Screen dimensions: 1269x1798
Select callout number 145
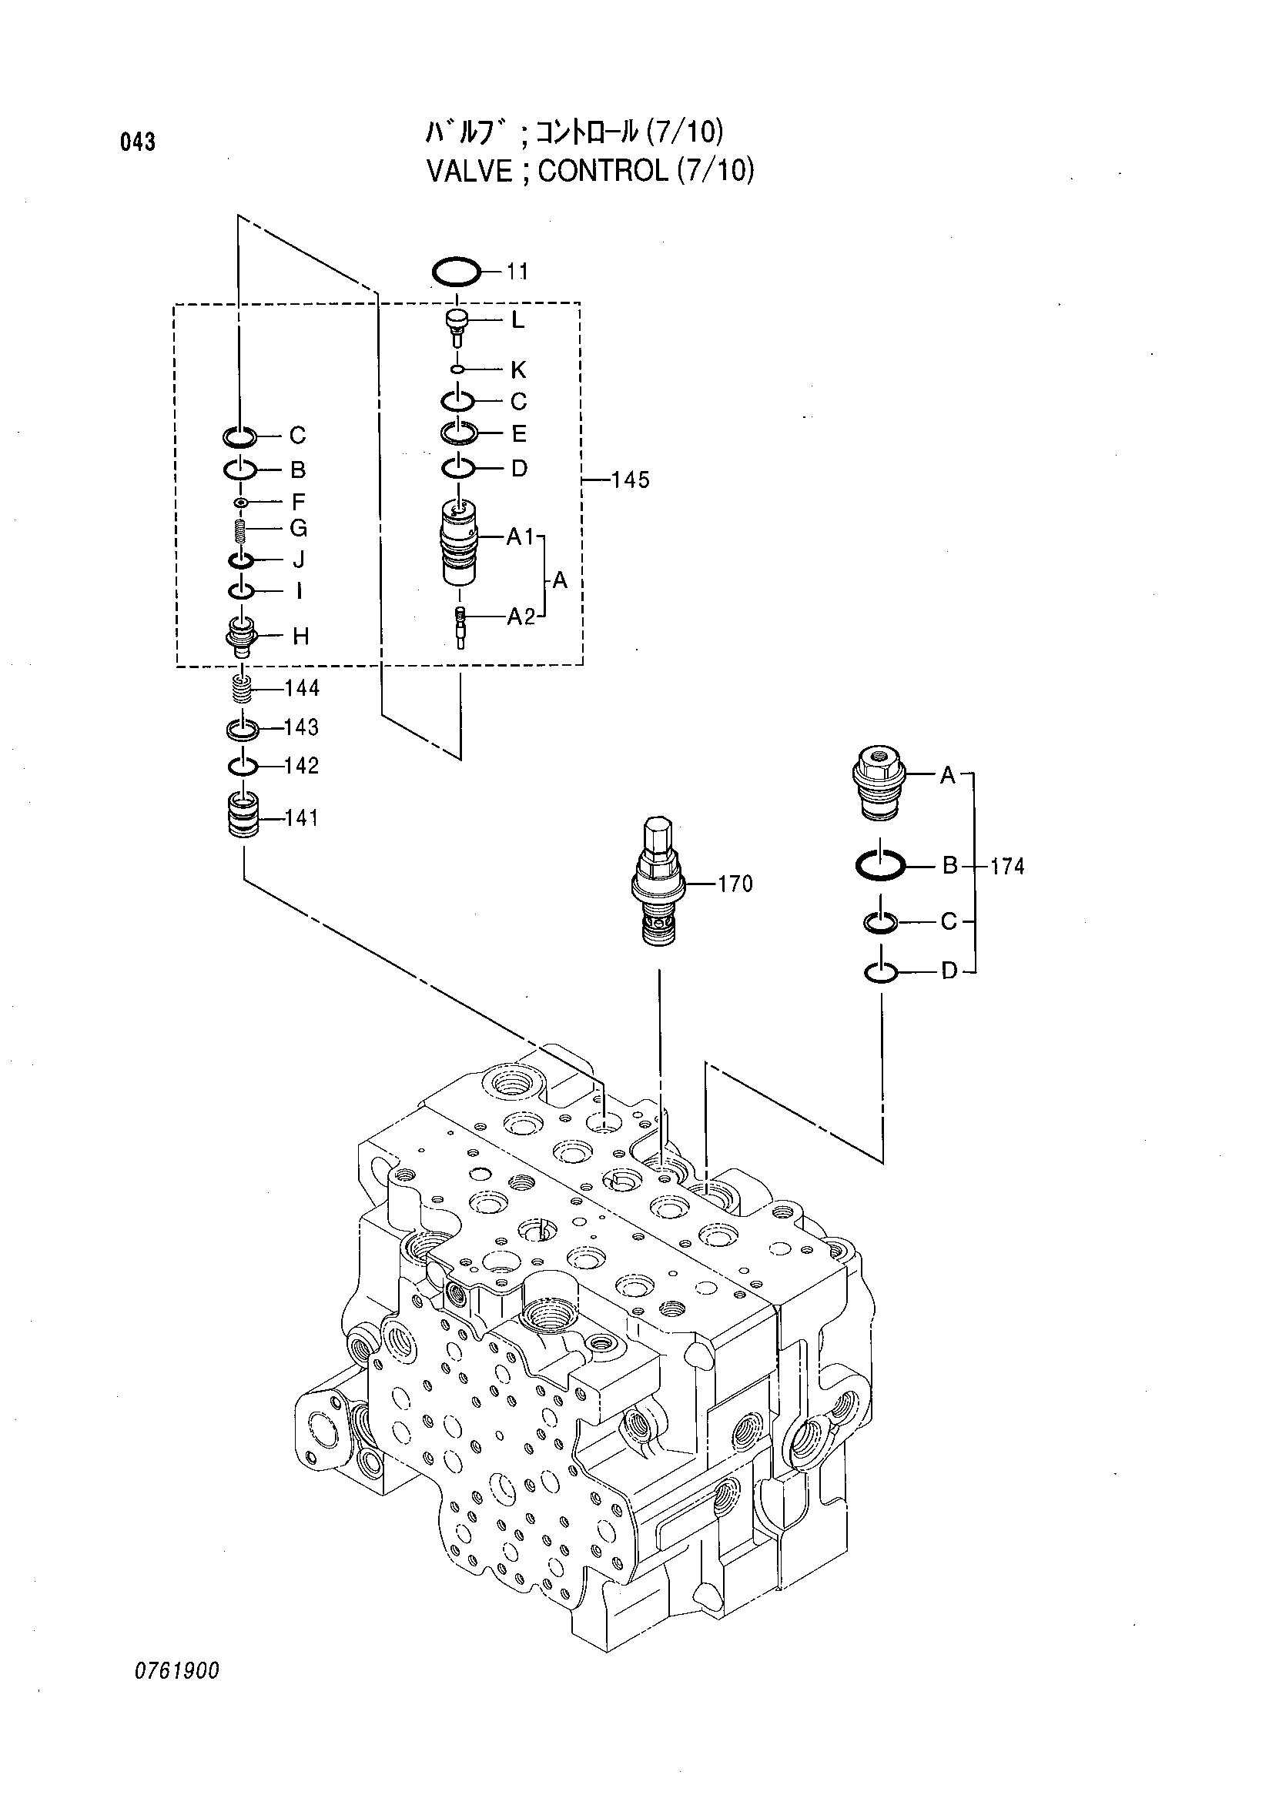click(x=631, y=480)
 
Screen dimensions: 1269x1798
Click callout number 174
click(x=1006, y=866)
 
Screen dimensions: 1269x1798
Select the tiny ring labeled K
click(x=459, y=369)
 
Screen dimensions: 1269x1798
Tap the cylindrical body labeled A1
click(x=460, y=541)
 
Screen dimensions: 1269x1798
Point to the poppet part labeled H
click(x=243, y=636)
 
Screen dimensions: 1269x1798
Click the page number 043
click(x=138, y=142)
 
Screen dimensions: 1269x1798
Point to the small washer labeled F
click(x=242, y=501)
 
